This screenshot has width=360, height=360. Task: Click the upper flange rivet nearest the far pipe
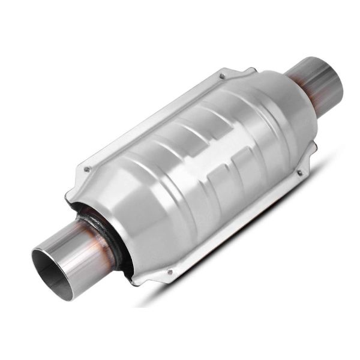pos(222,76)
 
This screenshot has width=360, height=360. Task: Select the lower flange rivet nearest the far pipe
pos(299,173)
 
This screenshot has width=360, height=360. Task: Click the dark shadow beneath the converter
pos(252,252)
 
